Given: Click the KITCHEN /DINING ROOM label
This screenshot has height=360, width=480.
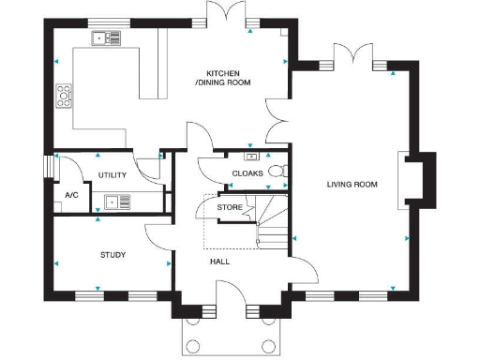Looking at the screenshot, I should pos(223,79).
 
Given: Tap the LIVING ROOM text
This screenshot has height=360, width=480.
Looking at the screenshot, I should pos(352,185).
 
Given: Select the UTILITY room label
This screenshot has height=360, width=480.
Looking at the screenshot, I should pos(112,175).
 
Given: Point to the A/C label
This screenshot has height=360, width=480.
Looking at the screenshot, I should pos(71,195).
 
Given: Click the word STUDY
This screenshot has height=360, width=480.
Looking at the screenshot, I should pos(112,254).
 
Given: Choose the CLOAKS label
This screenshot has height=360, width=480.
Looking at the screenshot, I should pos(247,173).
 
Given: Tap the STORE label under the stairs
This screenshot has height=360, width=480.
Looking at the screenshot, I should pos(230,206).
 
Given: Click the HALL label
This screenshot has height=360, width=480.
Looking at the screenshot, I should pos(219,262).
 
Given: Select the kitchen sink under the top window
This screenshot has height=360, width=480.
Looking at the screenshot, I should pos(106,38).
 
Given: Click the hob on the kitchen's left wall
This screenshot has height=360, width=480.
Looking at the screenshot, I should pos(64,95).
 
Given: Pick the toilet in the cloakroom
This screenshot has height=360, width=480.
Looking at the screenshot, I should pos(277,172).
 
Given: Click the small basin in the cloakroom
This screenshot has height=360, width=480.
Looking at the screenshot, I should pos(250,156).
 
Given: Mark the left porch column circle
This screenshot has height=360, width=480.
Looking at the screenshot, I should pos(195,343).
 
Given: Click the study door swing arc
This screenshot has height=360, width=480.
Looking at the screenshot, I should pos(157,236).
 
